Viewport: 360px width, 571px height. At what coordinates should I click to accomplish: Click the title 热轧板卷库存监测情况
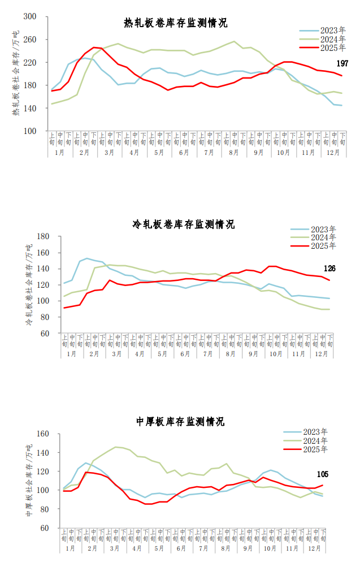176,23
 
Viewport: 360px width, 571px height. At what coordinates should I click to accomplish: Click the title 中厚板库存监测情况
180,422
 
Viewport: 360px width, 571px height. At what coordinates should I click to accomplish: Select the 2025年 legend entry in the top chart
332,48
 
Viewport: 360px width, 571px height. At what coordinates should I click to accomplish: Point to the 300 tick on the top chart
30,17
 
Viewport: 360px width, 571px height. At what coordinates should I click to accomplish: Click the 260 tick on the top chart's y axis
30,40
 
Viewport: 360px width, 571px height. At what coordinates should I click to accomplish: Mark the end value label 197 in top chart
342,63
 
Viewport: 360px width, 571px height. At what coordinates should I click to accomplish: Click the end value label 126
329,268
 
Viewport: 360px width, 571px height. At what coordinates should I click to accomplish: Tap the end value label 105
323,474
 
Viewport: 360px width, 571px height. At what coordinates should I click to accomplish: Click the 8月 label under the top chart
233,153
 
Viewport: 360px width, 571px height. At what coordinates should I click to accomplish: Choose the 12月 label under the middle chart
321,354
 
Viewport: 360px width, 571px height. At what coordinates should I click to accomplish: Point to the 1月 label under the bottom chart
70,549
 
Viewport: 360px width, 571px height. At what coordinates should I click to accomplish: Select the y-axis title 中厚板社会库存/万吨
28,481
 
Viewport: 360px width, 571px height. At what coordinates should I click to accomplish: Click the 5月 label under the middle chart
162,354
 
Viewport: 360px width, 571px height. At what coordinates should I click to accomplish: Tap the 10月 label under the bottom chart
270,549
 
